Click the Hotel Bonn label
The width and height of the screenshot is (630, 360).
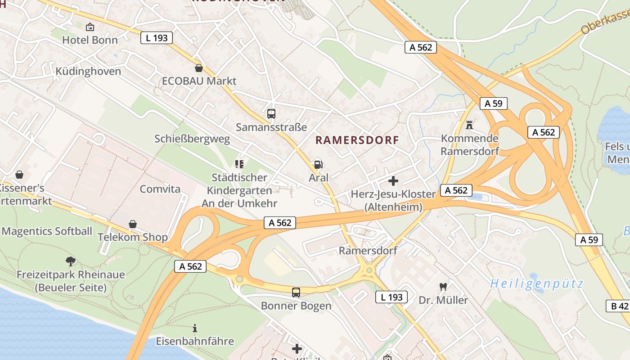pos(90,40)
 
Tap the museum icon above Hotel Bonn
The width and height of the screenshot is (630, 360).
pos(90,27)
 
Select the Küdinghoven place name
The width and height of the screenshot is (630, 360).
pos(88,72)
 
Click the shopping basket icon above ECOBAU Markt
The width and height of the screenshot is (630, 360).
pos(199,68)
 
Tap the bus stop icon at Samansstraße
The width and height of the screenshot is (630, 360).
pos(271,114)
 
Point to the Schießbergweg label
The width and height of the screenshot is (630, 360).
pos(192,139)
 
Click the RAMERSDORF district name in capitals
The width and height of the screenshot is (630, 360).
pos(357,140)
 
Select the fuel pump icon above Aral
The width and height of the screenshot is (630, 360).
pos(318,165)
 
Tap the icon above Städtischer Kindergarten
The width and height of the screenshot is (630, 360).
pos(239,164)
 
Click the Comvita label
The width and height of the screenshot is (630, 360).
pos(160,189)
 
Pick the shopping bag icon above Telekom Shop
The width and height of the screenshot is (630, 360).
pos(133,224)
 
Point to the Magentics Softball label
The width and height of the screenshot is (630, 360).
pos(47,232)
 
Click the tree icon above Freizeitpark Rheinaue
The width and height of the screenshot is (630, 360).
pos(70,261)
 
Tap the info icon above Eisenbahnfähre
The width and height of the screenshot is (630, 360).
pos(195,328)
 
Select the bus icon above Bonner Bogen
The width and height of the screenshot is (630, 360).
pos(296,292)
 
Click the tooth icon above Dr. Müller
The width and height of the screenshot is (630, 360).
pos(443,287)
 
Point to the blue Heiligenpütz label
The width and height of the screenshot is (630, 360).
pos(536,284)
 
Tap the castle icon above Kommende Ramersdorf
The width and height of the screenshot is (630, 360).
pos(469,125)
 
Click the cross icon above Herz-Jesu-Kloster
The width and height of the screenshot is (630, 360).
pos(393,181)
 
